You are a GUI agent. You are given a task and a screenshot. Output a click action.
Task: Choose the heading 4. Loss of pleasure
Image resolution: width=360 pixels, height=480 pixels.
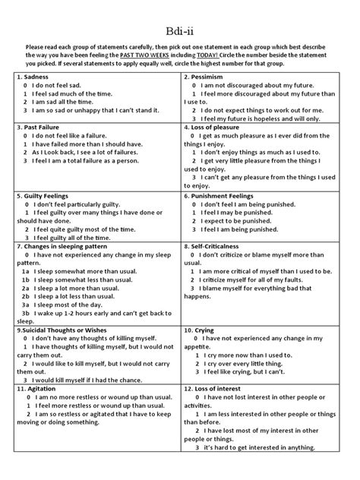click(219, 127)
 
